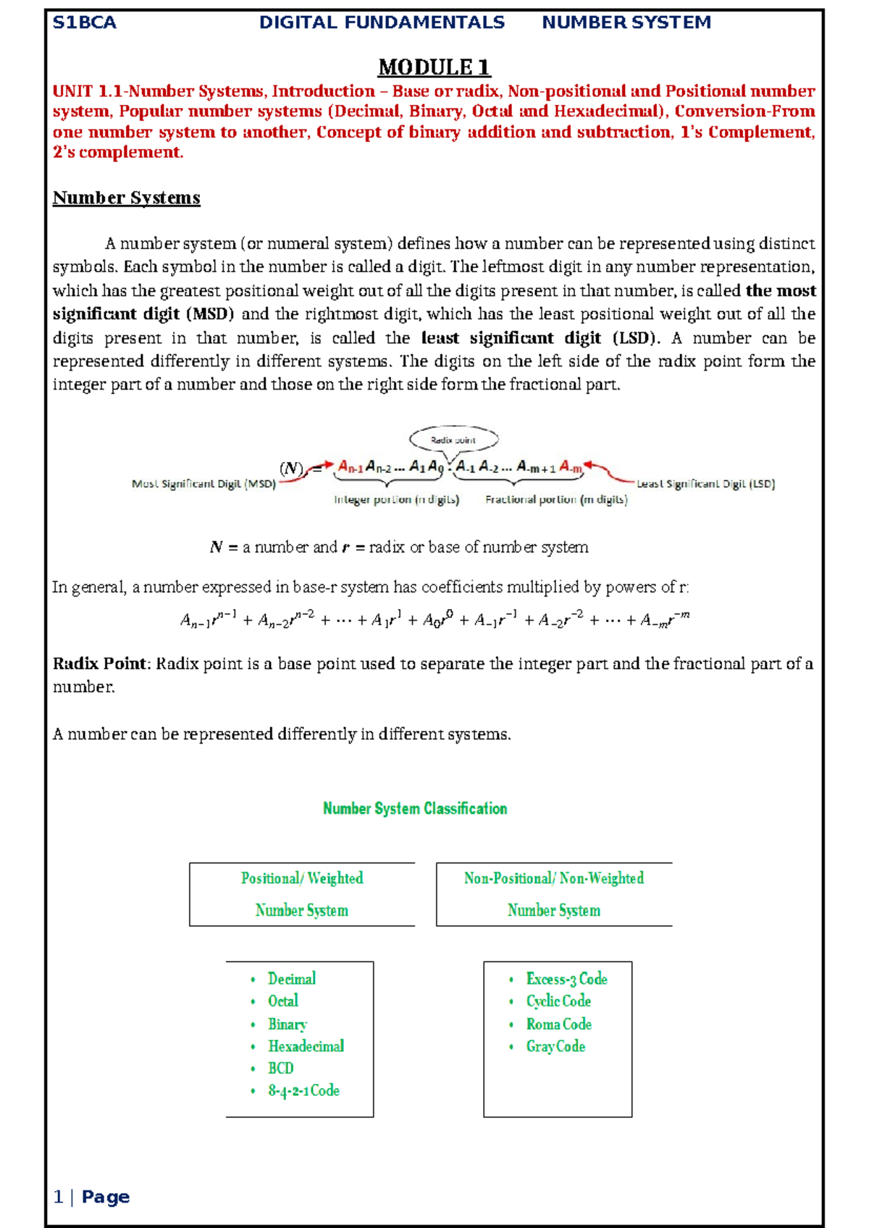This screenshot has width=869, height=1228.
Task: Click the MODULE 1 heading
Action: coord(434,67)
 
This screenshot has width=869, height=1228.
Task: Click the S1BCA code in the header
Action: coord(85,22)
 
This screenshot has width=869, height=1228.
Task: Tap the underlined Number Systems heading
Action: coord(126,198)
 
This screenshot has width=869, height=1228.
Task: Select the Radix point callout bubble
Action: coord(453,440)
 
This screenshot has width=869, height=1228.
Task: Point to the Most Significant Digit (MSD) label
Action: coord(203,484)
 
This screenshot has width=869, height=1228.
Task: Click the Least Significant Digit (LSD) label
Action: coord(705,484)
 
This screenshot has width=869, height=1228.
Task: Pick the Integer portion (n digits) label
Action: coord(396,500)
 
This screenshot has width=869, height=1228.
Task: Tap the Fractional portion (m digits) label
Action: coord(556,500)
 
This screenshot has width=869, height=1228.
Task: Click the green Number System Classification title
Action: coord(415,809)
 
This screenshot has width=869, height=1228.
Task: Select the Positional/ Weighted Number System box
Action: coord(302,894)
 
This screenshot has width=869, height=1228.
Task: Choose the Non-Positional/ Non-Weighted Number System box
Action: coord(554,894)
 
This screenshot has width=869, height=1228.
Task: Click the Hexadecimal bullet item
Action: coord(306,1046)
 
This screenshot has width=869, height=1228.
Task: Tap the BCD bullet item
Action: coord(281,1068)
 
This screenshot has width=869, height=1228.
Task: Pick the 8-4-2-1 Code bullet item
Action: coord(303,1090)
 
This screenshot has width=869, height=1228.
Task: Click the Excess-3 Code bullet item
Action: coord(566,979)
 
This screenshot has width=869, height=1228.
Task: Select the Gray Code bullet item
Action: coord(555,1046)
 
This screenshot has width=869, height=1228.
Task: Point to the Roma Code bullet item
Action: coord(558,1024)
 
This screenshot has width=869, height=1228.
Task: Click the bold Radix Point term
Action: coord(100,664)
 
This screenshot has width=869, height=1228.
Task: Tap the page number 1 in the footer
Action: coord(59,1197)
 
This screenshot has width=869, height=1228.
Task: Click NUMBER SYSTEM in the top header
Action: coord(626,22)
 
